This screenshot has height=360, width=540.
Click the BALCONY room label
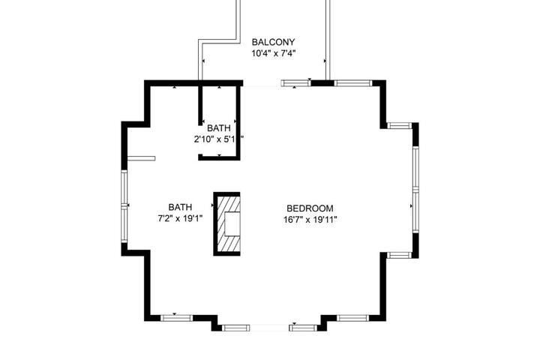tap(273, 42)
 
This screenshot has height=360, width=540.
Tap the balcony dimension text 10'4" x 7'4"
tap(274, 53)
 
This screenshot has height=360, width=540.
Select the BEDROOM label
tap(310, 208)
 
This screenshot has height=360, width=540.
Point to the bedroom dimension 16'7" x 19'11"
tap(310, 220)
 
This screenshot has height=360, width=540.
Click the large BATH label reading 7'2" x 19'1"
tap(180, 207)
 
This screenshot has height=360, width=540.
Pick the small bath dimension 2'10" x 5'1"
tap(219, 139)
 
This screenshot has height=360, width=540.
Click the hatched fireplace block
tap(227, 224)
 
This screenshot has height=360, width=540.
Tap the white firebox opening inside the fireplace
tap(232, 224)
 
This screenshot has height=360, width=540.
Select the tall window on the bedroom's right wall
tap(415, 190)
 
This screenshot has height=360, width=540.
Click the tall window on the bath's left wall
tap(124, 206)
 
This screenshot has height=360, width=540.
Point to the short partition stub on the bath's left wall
tap(141, 158)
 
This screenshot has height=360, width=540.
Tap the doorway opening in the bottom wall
tap(269, 328)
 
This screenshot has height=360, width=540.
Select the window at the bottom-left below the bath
tap(177, 318)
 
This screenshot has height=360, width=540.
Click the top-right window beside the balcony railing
tap(353, 83)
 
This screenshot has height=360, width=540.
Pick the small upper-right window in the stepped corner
tap(400, 125)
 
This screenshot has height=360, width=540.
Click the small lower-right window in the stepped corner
tap(400, 255)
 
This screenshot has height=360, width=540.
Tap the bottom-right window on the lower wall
tap(352, 318)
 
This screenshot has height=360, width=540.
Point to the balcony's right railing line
tap(328, 40)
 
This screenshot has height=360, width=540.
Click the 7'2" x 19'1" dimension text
tap(180, 218)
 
